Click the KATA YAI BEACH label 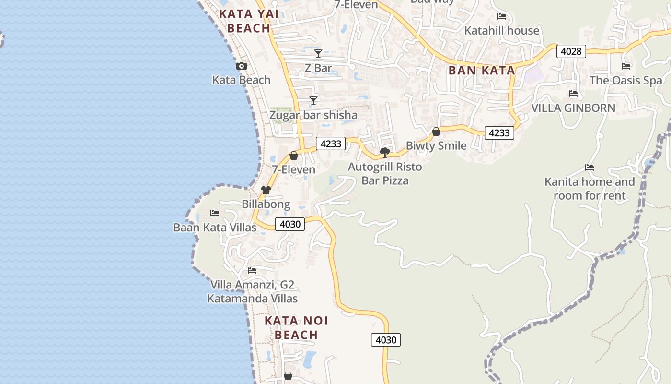tap(249, 21)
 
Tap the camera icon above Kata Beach tap(242, 66)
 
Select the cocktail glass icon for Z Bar tap(318, 53)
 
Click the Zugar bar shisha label tap(313, 115)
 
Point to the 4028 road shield tap(571, 51)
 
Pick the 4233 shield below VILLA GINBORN tap(499, 133)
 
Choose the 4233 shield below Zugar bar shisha tap(331, 144)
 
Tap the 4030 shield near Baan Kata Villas tap(290, 224)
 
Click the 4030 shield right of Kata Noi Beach tap(386, 340)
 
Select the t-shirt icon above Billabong tap(266, 190)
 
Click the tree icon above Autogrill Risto tap(384, 153)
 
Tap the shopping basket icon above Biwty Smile tap(436, 132)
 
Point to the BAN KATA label tap(482, 71)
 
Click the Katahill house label tap(502, 31)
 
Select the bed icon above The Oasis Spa tap(626, 66)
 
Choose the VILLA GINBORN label tap(573, 108)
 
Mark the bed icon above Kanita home tap(590, 168)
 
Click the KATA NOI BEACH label tap(296, 328)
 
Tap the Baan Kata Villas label tap(215, 227)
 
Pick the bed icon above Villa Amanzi tap(252, 271)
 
